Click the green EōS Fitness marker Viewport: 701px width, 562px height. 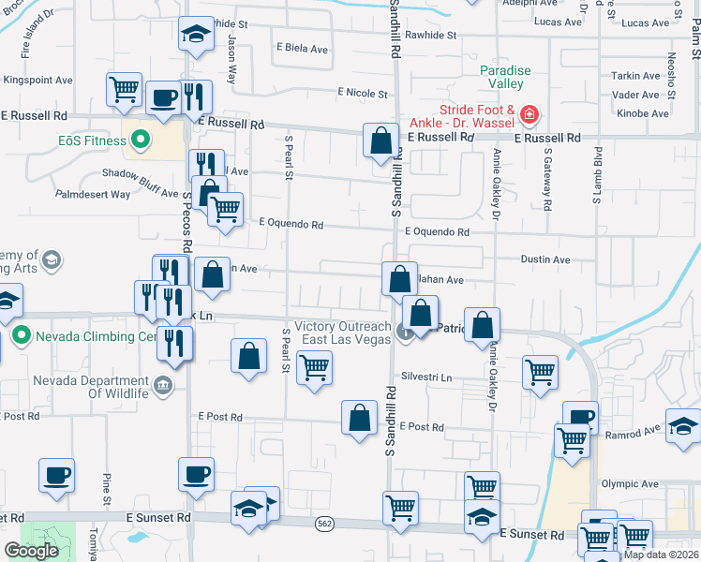141,141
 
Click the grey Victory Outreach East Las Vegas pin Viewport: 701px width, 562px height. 405,332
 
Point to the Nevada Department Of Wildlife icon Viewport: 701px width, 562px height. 163,382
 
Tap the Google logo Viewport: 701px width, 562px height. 31,551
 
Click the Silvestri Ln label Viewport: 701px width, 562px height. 426,377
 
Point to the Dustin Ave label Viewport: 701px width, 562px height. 544,259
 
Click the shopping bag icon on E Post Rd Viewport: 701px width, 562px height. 359,418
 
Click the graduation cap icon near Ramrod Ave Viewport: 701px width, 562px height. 683,425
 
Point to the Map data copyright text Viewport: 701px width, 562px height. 661,555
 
